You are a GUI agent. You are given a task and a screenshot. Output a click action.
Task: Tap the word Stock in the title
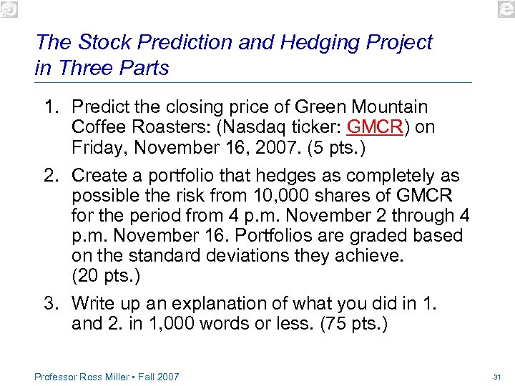tap(102, 43)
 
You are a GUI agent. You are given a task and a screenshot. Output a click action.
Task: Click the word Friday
tap(97, 147)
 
